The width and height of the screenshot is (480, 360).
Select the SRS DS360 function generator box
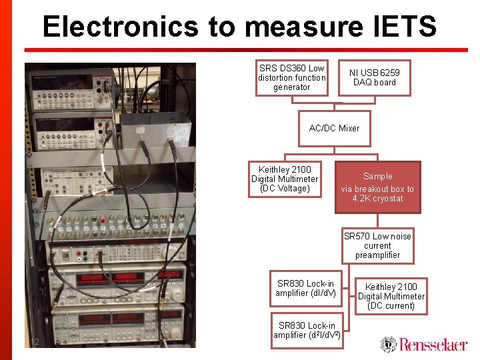pos(292,78)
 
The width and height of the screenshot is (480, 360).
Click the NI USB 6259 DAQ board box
pos(374,77)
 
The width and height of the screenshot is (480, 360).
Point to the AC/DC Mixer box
pos(334,128)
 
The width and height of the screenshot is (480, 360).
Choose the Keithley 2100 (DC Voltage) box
pos(285,179)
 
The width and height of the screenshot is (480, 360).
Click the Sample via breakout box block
pos(377,187)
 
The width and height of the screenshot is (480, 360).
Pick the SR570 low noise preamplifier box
pos(377,245)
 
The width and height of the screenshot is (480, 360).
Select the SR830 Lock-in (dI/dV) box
pos(306,289)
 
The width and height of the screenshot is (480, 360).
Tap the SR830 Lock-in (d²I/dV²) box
pos(307,330)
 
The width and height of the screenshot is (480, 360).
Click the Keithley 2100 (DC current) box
pos(391,297)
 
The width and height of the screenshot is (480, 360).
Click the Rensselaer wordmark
pos(433,345)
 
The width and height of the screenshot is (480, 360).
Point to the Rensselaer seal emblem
pos(388,344)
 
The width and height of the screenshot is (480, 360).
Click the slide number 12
pos(36,342)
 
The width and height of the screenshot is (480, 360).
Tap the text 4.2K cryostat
pos(377,199)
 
